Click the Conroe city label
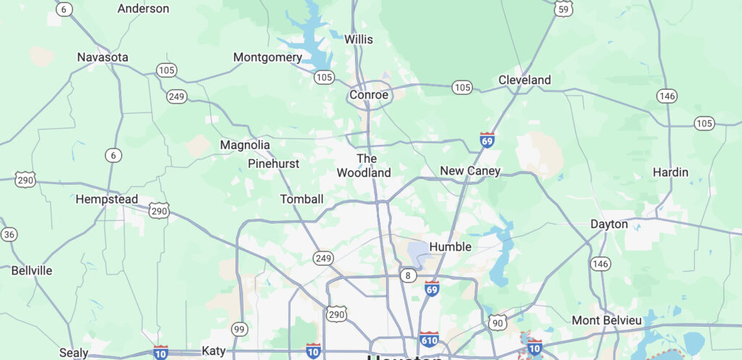(369, 95)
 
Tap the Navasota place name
(103, 56)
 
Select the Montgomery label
(267, 57)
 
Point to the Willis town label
(359, 38)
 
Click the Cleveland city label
(525, 80)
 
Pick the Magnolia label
(245, 145)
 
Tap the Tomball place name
(301, 198)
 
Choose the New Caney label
(470, 171)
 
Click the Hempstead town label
(107, 198)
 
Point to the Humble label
(450, 246)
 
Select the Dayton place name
(609, 224)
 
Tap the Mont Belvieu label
(606, 320)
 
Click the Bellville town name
(32, 270)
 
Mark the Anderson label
(143, 9)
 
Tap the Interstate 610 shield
(428, 339)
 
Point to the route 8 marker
(408, 275)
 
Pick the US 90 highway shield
(497, 323)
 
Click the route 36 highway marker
(9, 234)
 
